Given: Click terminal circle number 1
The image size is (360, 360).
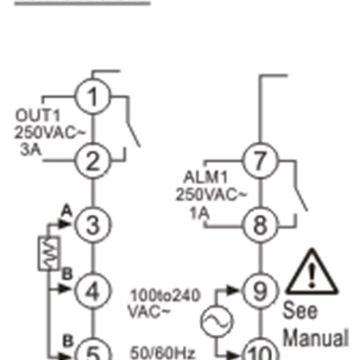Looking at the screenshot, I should coord(92,97).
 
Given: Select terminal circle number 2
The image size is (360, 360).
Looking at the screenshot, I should coord(92,161).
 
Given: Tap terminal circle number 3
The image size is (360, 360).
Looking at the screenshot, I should coord(92,225).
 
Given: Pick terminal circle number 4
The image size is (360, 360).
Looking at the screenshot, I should coord(92,291).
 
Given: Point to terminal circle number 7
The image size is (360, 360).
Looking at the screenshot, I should coord(261,161).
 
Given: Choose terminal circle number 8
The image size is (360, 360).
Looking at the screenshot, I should coord(261,225).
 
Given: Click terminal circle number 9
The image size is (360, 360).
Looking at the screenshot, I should coord(261,291).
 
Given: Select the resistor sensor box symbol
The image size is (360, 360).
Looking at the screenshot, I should coord(49,253).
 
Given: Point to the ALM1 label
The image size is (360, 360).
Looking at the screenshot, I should coord(203,176).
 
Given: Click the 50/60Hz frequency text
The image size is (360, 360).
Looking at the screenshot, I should coord(163,353).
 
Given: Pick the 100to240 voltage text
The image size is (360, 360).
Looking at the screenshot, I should coord(165,296).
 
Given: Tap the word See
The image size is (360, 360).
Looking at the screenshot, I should coord(300,310).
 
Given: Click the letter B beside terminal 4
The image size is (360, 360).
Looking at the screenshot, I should coord(67,274).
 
